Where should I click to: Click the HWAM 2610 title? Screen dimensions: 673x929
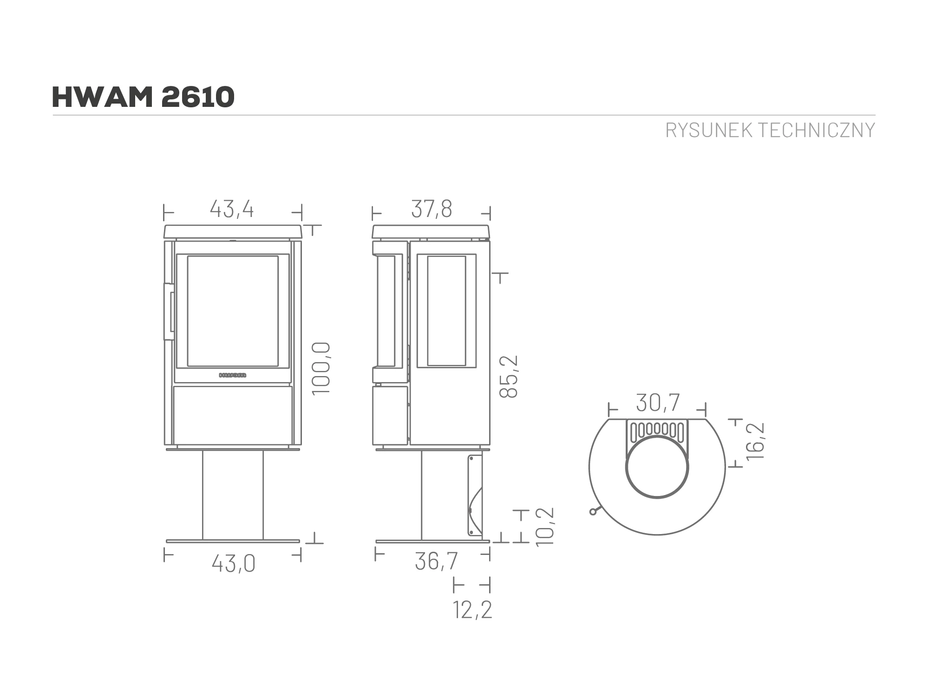pos(143,97)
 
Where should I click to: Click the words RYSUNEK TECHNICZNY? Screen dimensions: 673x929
pos(770,131)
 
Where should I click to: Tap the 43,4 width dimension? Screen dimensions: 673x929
pos(232,209)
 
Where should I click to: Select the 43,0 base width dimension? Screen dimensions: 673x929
pos(234,564)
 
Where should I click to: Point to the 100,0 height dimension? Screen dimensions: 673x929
pos(321,368)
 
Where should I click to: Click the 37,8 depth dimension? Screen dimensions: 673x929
pos(432,209)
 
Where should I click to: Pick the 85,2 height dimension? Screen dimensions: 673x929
pos(509,376)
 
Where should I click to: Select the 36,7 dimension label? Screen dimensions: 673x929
pos(436,561)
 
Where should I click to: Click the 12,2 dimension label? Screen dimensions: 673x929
pos(472,610)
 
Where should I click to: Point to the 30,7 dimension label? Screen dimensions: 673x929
pos(658,403)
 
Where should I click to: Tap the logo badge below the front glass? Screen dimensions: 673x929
pos(233,375)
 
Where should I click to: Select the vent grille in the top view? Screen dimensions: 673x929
pos(657,429)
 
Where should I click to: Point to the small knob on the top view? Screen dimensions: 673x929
pos(593,512)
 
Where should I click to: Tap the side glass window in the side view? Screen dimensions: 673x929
pos(446,311)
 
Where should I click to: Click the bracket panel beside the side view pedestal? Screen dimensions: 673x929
pos(474,495)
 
